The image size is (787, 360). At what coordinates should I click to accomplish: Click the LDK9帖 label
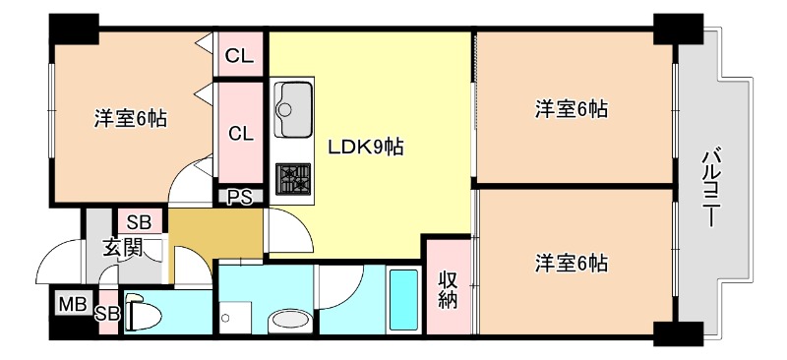(366, 148)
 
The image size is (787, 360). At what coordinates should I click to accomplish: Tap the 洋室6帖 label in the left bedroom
(130, 119)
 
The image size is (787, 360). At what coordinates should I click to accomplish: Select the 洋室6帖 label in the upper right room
(571, 108)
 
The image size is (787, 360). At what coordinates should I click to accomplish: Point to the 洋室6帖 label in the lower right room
(571, 263)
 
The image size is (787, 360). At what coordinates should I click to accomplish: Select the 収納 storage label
(448, 289)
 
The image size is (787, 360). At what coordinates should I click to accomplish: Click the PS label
(240, 197)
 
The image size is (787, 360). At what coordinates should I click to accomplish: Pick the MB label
(72, 304)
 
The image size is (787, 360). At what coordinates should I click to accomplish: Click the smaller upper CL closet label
(240, 56)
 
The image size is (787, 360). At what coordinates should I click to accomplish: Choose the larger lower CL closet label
(240, 133)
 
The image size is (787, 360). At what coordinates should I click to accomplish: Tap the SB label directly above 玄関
(139, 221)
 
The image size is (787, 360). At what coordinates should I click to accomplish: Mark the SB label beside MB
(107, 314)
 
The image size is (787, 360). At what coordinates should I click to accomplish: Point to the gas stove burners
(294, 177)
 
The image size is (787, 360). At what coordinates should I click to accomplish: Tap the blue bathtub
(403, 300)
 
